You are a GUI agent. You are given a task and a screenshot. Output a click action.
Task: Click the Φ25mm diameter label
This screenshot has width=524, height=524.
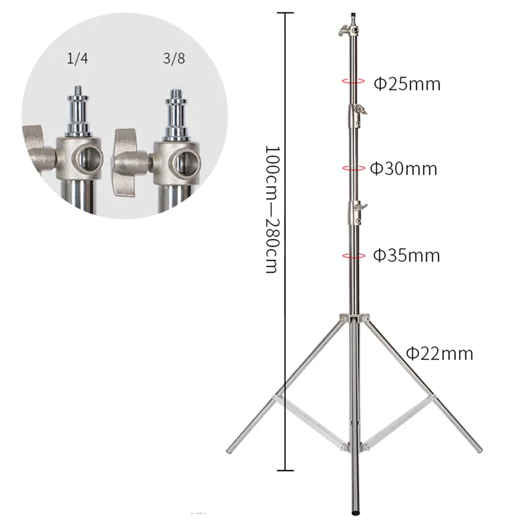point(407,83)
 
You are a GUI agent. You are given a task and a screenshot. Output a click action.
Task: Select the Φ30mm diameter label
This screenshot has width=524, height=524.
point(403,169)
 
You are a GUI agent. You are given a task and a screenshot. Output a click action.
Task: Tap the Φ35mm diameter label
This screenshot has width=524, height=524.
point(406,255)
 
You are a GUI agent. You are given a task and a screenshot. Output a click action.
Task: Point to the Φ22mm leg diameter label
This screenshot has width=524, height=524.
point(440,354)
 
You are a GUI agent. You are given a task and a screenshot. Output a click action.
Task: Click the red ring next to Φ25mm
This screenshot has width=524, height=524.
point(354,81)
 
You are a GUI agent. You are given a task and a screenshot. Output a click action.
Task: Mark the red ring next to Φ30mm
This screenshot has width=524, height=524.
point(354,168)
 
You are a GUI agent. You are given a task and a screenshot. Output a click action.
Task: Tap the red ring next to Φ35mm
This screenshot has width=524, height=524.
point(354,255)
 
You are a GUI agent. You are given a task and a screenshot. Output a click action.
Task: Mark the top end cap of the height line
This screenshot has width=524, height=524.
point(285,12)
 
